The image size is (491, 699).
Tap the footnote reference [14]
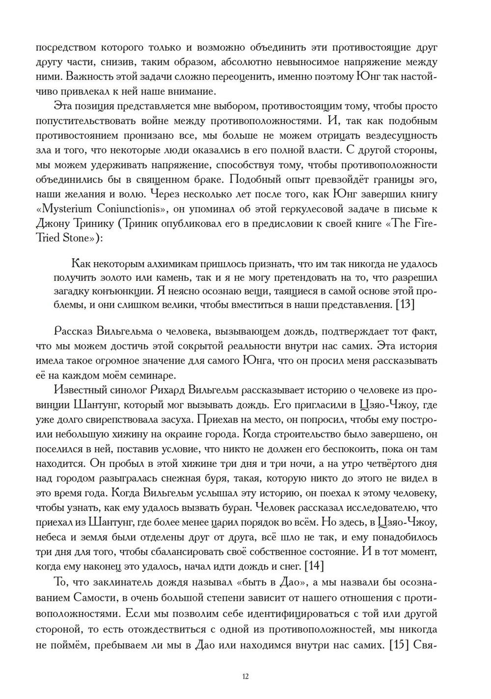coord(314,566)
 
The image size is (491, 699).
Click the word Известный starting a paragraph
coord(76,390)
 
